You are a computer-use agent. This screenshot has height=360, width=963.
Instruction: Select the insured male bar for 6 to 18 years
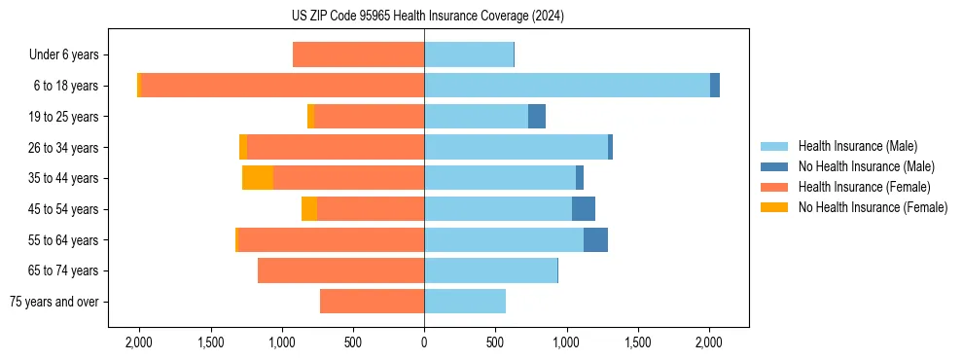[x=567, y=86]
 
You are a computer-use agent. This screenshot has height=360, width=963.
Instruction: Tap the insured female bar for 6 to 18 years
[x=282, y=86]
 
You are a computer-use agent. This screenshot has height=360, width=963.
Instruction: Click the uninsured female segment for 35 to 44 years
[x=258, y=178]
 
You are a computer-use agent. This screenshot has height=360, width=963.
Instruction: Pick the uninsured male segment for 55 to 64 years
[x=595, y=239]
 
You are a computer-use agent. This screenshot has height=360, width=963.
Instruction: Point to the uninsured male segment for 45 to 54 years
[x=584, y=208]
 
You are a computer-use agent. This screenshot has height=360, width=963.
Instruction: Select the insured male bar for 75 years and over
[x=465, y=302]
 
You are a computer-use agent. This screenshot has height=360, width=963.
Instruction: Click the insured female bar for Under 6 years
[x=358, y=54]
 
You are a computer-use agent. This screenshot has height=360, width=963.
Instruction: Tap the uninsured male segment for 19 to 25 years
[x=537, y=117]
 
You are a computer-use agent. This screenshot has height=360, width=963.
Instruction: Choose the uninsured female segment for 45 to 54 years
[x=309, y=208]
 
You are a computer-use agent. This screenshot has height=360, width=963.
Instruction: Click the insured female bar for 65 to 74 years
[x=340, y=270]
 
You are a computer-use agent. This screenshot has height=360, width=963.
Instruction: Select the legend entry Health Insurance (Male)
[x=857, y=146]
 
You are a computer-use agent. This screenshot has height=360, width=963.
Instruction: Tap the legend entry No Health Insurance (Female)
[x=873, y=207]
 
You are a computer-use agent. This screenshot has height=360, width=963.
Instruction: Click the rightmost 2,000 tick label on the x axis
[x=709, y=342]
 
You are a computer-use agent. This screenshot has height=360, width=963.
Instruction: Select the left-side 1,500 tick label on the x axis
[x=210, y=342]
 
